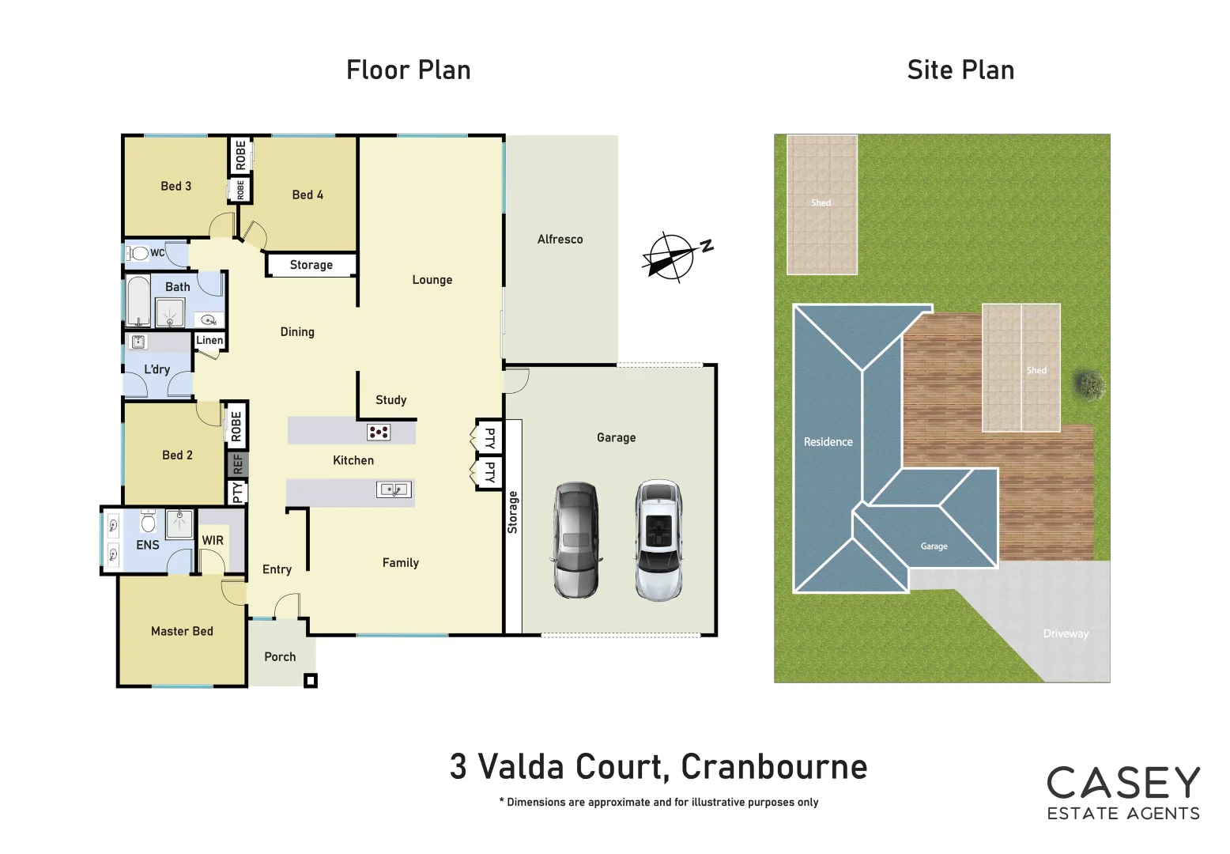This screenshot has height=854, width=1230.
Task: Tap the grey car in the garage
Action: click(575, 540)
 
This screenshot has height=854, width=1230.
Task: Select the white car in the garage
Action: click(659, 540)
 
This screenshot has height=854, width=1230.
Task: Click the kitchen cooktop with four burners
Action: click(379, 432)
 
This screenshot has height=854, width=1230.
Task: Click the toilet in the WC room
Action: click(139, 253)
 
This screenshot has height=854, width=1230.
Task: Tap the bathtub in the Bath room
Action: click(139, 300)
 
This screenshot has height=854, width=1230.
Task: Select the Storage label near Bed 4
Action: click(311, 265)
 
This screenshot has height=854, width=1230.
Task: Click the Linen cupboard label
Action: click(209, 340)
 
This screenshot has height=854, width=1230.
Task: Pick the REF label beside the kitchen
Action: click(237, 464)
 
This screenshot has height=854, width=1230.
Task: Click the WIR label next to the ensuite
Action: click(213, 540)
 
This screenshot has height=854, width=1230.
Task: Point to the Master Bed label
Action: click(182, 631)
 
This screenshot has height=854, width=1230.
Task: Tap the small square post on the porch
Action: click(311, 680)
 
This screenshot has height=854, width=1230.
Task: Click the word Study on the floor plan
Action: click(391, 400)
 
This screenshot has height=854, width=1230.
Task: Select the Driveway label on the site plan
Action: click(1065, 633)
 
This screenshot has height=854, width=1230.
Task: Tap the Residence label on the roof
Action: click(828, 442)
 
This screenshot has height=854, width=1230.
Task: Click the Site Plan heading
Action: click(960, 70)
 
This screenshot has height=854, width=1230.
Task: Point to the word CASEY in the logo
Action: click(1123, 783)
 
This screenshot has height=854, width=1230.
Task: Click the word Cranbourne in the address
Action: click(774, 766)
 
